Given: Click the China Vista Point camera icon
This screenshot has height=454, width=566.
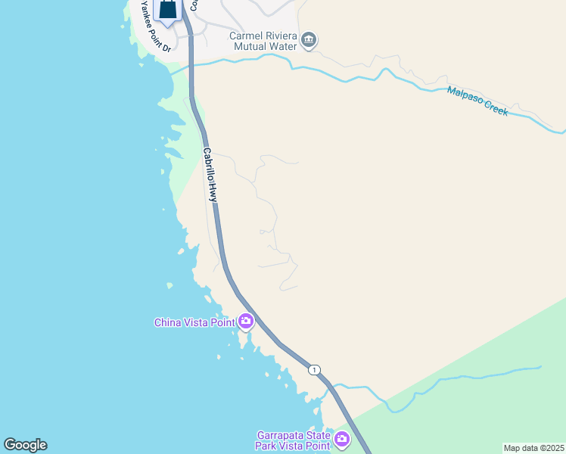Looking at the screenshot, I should click(245, 322).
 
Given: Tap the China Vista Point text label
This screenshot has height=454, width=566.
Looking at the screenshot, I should click(195, 322).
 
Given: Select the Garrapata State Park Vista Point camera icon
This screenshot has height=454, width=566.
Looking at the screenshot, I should click(342, 439).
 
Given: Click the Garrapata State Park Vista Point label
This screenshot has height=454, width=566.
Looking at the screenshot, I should click(294, 440).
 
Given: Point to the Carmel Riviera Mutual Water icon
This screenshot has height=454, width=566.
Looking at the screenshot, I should click(308, 40).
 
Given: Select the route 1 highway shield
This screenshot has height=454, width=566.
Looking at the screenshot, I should click(314, 370).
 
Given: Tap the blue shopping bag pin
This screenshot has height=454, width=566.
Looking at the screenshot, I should click(168, 11).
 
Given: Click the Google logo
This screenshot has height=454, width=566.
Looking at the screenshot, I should click(25, 445).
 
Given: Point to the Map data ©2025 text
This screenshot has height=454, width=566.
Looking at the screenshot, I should click(533, 448).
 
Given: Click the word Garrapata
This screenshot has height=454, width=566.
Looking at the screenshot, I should click(282, 435).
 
